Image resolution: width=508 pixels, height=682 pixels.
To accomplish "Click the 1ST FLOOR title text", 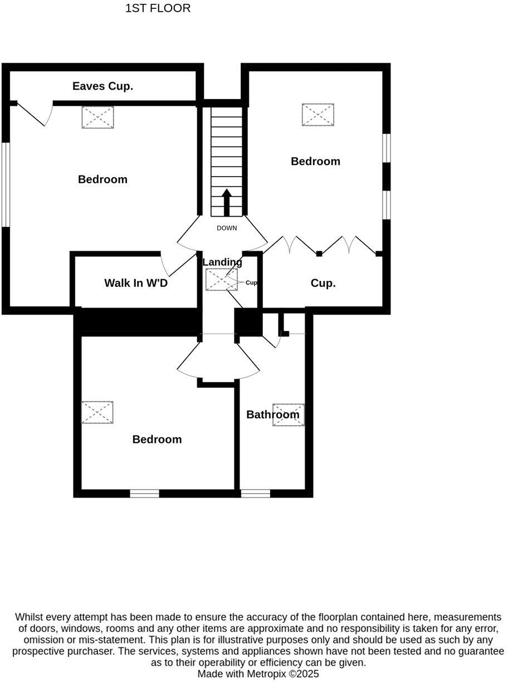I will pyautogui.click(x=158, y=8).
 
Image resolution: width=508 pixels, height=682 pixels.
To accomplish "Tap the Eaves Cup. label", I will pyautogui.click(x=103, y=86).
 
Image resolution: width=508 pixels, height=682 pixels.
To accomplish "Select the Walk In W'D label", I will pyautogui.click(x=136, y=283).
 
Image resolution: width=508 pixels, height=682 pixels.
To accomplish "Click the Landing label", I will pyautogui.click(x=222, y=262).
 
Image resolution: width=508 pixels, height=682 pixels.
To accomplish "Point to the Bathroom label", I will pyautogui.click(x=272, y=415).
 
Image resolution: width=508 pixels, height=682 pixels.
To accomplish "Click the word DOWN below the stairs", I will pyautogui.click(x=227, y=228).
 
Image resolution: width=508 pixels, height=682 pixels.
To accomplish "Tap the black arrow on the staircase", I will pyautogui.click(x=227, y=202).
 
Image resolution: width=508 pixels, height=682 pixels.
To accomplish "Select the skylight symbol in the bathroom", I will pyautogui.click(x=289, y=415).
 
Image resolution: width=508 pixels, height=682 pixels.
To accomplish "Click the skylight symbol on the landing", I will pyautogui.click(x=221, y=280).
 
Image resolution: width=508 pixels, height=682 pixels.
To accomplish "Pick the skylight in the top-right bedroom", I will pyautogui.click(x=318, y=115).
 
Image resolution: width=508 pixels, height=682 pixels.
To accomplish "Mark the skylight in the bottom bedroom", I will pyautogui.click(x=97, y=412).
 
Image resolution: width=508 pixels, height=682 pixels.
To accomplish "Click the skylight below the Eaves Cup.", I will pyautogui.click(x=98, y=118).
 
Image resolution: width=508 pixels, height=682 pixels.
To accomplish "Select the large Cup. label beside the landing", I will pyautogui.click(x=323, y=283).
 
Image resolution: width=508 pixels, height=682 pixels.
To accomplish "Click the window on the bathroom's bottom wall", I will pyautogui.click(x=255, y=493).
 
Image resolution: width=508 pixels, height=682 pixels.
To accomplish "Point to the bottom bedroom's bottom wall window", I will pyautogui.click(x=144, y=493).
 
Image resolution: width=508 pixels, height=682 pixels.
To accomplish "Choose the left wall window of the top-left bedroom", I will pyautogui.click(x=6, y=184).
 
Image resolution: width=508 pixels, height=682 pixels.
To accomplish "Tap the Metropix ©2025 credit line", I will pyautogui.click(x=258, y=674).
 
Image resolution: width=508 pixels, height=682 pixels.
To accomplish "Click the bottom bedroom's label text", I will pyautogui.click(x=157, y=439).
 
